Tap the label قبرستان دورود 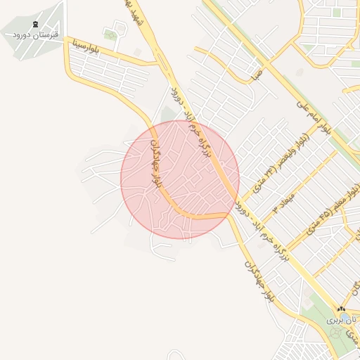36,34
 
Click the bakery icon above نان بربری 341,309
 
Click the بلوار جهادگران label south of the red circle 258,281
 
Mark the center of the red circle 180,180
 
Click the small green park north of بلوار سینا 110,34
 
